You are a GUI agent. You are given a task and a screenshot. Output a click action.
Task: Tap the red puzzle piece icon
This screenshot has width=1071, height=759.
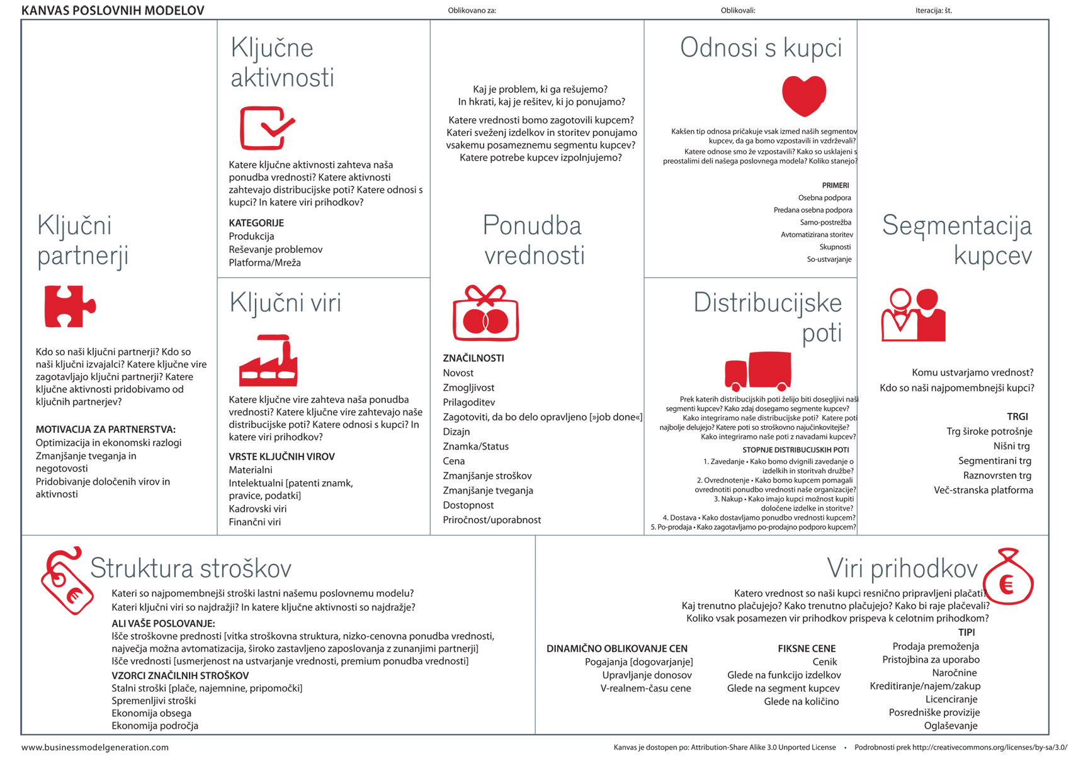(69, 306)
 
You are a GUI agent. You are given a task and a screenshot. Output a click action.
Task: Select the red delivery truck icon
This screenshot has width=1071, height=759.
(758, 371)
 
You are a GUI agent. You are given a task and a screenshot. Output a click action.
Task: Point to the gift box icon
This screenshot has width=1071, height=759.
(485, 313)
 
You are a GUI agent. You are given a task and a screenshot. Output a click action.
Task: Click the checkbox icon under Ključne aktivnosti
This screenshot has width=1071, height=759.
(266, 128)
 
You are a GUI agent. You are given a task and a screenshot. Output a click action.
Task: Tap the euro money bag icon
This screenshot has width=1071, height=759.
(1008, 578)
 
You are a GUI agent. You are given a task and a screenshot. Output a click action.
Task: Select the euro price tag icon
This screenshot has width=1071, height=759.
(66, 580)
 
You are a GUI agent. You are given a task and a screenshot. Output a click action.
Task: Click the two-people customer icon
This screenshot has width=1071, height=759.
(914, 315)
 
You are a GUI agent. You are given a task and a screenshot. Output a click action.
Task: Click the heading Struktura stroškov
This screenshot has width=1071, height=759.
(191, 568)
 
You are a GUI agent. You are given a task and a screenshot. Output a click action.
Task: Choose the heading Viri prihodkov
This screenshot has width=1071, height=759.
(902, 568)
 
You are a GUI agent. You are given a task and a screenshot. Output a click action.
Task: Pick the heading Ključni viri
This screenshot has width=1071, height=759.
(285, 303)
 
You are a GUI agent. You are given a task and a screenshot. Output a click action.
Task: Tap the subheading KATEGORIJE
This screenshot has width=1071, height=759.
(256, 223)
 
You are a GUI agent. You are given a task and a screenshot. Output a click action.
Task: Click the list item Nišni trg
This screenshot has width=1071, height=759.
(1011, 446)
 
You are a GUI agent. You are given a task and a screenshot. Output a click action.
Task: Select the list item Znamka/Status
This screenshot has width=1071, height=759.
(475, 446)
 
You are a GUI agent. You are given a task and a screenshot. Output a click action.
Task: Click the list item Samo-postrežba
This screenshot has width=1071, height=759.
(825, 222)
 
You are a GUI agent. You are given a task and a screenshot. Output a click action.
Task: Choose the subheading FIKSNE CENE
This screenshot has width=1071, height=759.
(807, 648)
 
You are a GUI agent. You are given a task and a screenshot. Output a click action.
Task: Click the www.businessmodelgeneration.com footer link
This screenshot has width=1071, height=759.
(95, 748)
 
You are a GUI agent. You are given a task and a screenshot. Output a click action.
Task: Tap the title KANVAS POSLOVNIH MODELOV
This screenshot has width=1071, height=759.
(113, 10)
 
